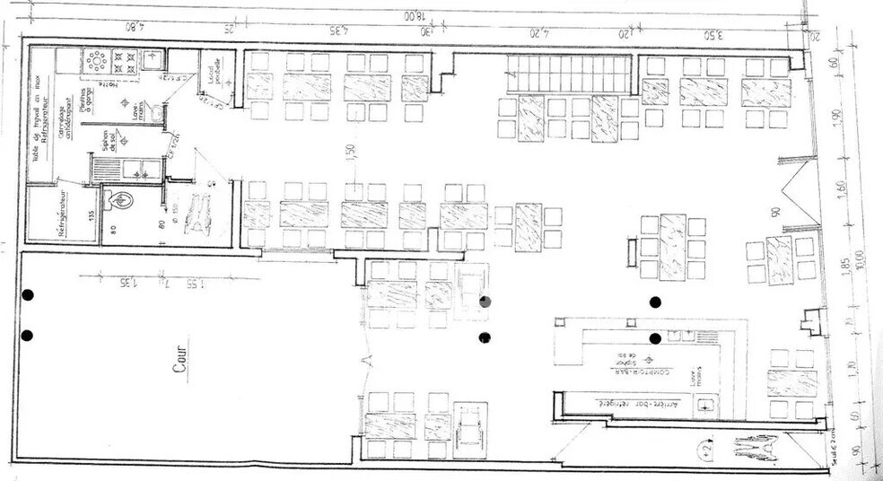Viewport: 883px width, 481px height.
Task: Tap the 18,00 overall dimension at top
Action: click(413, 15)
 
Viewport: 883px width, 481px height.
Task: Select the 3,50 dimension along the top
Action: click(713, 35)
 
